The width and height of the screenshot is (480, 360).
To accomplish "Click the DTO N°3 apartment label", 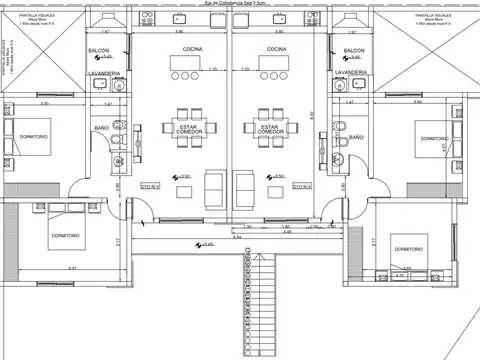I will pyautogui.click(x=151, y=186).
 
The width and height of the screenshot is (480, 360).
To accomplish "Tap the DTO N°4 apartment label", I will pyautogui.click(x=303, y=186).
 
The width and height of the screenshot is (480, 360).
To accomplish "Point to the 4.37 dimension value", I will pyautogui.click(x=71, y=268).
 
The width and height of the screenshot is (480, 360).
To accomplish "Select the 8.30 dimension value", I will pyautogui.click(x=312, y=114).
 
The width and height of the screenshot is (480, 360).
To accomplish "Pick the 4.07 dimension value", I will pyautogui.click(x=441, y=147).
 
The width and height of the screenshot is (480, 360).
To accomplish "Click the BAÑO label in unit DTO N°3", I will pyautogui.click(x=102, y=129).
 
